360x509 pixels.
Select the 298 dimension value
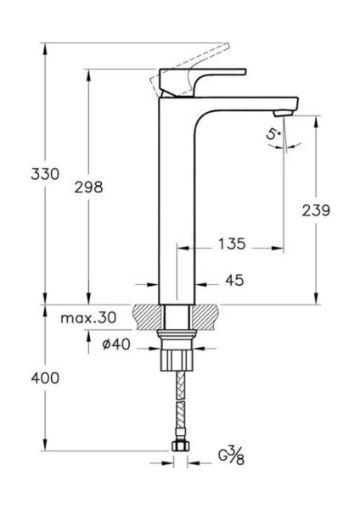click(87, 187)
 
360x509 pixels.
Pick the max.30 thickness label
click(88, 318)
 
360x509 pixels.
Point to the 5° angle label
click(272, 134)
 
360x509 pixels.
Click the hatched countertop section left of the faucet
click(147, 316)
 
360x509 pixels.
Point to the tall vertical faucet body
click(177, 204)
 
